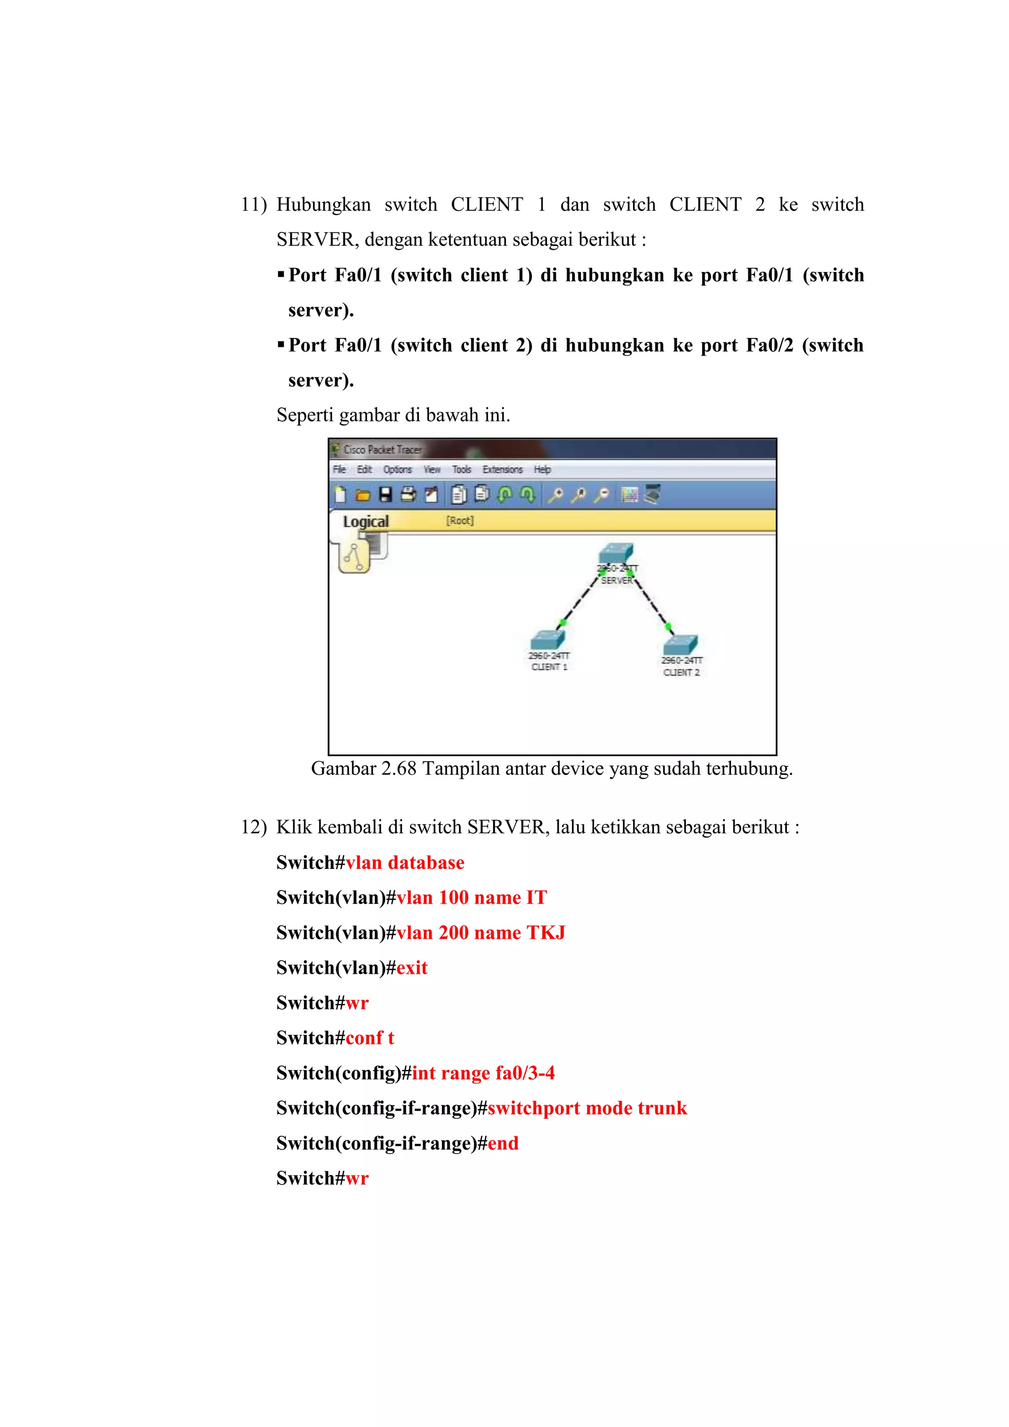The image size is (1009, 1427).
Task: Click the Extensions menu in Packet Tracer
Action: pos(503,469)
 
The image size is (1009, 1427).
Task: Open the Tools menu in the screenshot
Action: pos(461,469)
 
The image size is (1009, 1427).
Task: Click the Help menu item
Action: pos(542,469)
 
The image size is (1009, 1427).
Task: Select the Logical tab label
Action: pos(366,522)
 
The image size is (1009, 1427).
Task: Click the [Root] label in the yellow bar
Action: pos(460,520)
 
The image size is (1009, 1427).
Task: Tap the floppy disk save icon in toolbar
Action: pos(385,495)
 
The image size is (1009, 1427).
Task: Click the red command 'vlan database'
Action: pos(404,863)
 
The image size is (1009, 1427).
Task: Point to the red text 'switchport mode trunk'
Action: pos(587,1108)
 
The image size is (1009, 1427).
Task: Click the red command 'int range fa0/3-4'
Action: pos(483,1073)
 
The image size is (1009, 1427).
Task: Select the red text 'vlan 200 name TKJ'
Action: pos(480,933)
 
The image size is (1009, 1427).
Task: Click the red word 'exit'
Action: pos(412,968)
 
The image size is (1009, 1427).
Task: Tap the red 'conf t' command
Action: pos(370,1038)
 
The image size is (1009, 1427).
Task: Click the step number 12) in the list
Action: pos(253,827)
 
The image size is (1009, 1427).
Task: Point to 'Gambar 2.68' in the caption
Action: pos(363,769)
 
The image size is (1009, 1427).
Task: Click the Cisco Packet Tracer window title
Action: pos(382,449)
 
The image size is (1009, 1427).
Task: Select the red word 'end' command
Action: pos(503,1144)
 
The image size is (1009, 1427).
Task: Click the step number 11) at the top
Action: pos(253,204)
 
